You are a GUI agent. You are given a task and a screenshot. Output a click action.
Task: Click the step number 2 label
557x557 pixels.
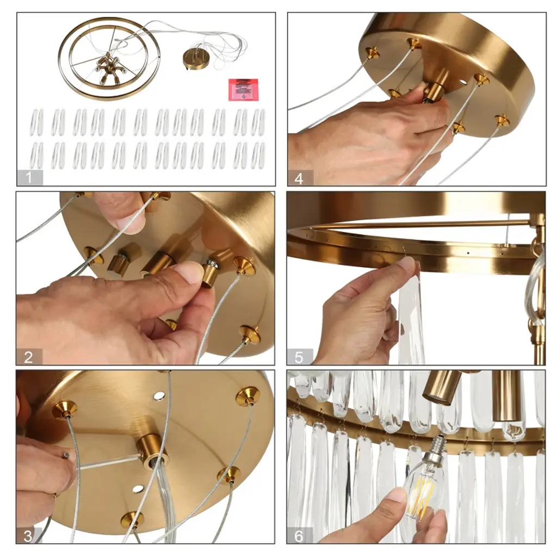coord(28,357)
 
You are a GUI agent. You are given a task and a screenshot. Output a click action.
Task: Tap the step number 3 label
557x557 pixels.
coord(28,536)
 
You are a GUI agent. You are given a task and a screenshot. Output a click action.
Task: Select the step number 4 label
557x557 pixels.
coord(299,178)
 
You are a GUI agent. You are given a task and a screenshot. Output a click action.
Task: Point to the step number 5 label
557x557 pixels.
coord(299,357)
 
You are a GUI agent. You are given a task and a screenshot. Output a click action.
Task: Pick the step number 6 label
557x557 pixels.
coord(299,536)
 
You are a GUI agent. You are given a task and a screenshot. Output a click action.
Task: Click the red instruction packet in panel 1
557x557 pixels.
coord(243,89)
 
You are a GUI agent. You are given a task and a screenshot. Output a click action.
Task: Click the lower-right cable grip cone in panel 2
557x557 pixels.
coord(249,335)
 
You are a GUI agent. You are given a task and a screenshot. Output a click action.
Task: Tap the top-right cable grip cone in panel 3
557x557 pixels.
coord(247,395)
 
